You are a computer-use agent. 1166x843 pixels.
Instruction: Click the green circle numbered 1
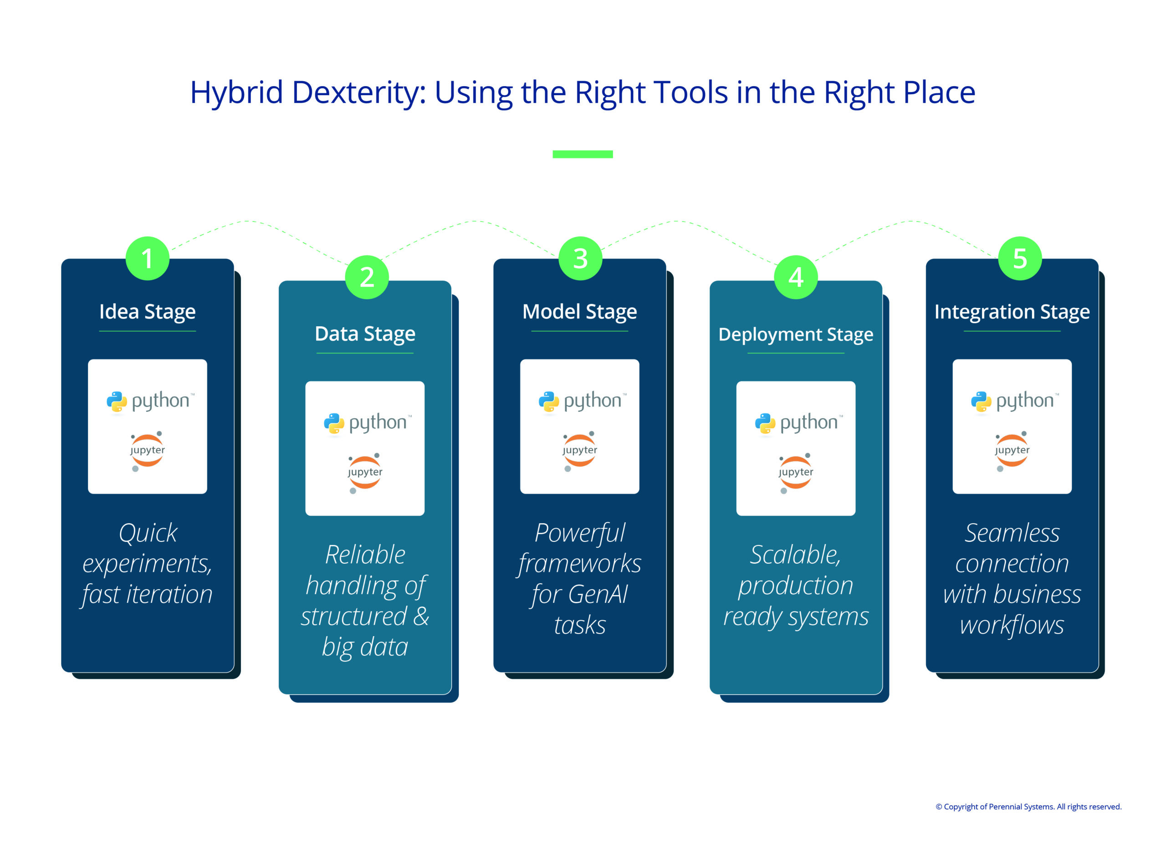coord(148,258)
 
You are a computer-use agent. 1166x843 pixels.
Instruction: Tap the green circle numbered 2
coord(367,277)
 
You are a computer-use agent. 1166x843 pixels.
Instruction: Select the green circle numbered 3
coord(580,258)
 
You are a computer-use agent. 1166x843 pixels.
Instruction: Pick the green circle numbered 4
coord(796,277)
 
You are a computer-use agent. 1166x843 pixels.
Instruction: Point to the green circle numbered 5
coord(1020,258)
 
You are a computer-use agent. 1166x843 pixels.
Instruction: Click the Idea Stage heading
coord(148,312)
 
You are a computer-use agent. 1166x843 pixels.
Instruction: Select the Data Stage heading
coord(365,334)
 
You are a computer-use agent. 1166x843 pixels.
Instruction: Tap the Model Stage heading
coord(580,312)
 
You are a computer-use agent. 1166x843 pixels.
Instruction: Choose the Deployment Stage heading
coord(796,334)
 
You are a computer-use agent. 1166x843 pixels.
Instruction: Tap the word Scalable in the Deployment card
coord(795,555)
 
